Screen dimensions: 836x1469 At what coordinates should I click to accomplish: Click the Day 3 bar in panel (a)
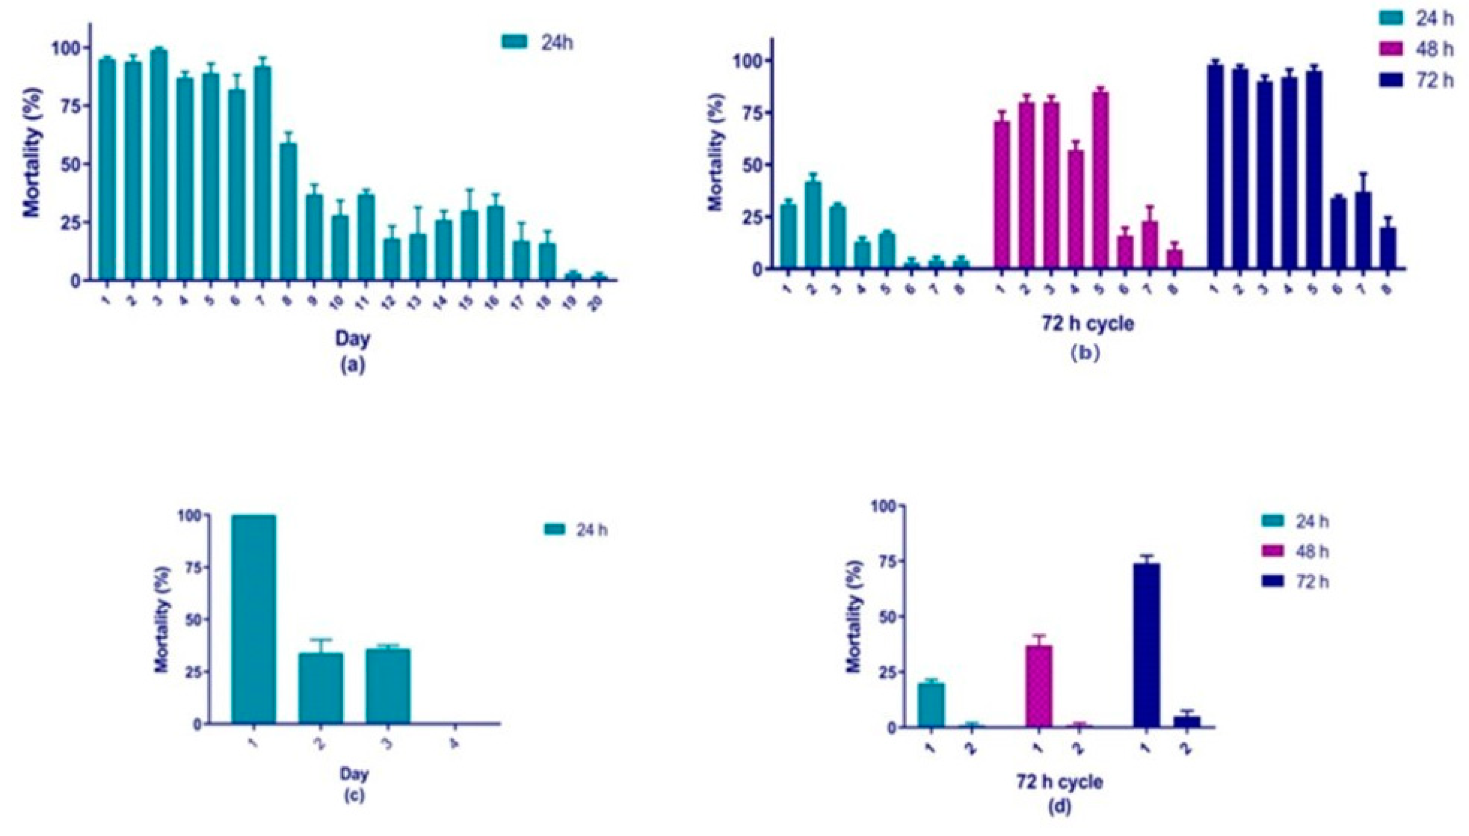pos(159,166)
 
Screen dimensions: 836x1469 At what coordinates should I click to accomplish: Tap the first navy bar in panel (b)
pos(1215,168)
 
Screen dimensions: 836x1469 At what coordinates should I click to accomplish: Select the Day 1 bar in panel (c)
pos(253,620)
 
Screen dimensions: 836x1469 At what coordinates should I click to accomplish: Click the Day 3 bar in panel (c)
pos(388,687)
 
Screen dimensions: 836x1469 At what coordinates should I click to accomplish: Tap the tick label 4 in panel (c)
pos(454,744)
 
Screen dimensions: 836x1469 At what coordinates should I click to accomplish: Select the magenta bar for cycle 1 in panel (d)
pos(1038,686)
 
